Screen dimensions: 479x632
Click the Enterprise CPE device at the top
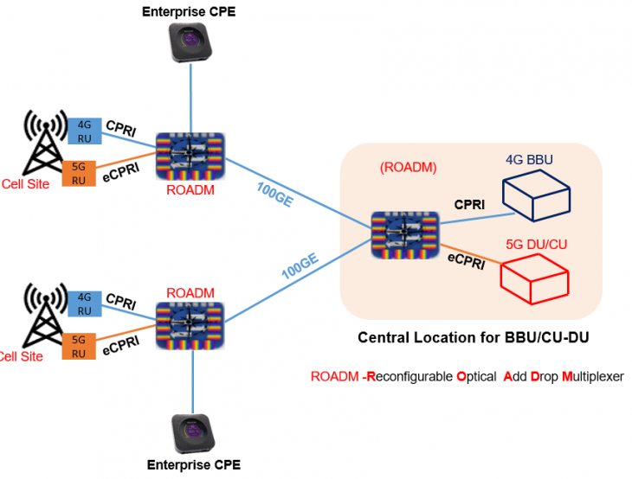[x=190, y=42]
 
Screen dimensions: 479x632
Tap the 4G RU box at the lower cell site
[x=84, y=304]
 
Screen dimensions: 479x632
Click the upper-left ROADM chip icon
[x=190, y=155]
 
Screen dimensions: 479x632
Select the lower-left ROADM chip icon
[x=190, y=324]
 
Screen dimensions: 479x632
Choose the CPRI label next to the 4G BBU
[x=468, y=204]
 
